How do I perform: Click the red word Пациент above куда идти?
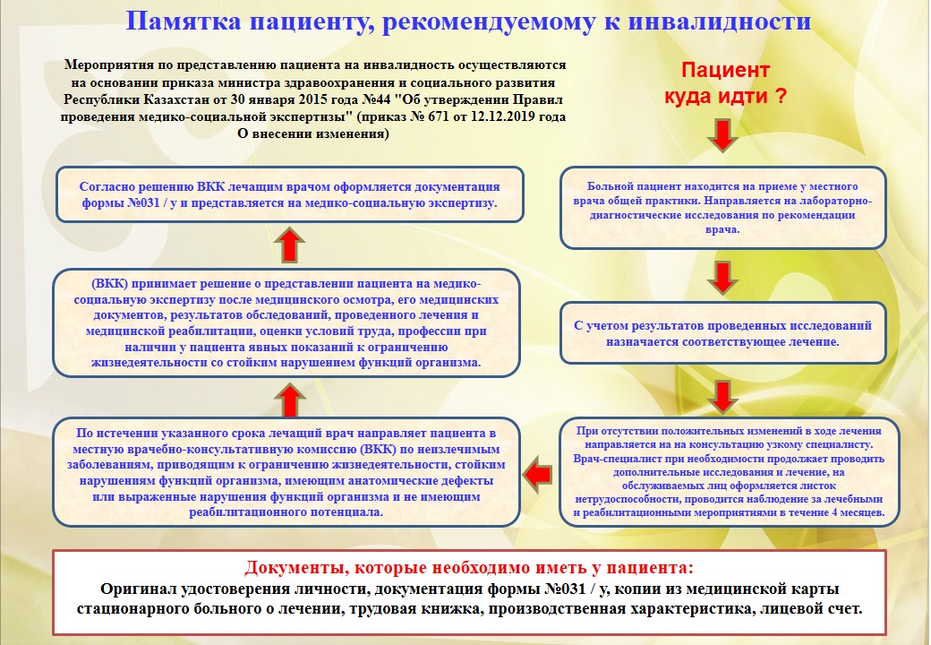click(725, 71)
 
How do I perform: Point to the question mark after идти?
click(781, 97)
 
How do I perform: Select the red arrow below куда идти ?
click(722, 135)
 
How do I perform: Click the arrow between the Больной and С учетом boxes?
click(722, 276)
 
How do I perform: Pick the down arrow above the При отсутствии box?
click(722, 393)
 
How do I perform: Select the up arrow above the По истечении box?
click(288, 394)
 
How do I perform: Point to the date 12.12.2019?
click(489, 116)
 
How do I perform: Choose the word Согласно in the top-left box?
click(110, 186)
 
